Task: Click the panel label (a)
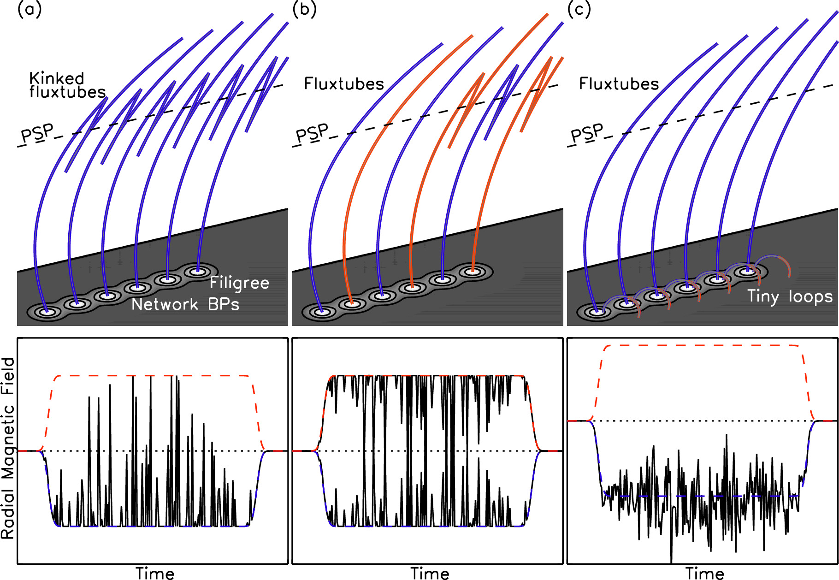[29, 10]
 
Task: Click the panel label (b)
[304, 10]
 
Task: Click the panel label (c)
[579, 10]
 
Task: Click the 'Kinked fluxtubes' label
[67, 85]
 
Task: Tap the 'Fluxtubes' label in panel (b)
[344, 84]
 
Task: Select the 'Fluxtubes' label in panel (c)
[619, 84]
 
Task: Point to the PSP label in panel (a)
[37, 134]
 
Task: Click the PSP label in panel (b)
[312, 134]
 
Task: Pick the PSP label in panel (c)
[587, 134]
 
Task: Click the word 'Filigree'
[239, 283]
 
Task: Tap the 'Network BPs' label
[185, 304]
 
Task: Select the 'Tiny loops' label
[790, 296]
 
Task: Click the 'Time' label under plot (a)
[155, 574]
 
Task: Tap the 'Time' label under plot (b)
[430, 574]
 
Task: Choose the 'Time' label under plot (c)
[704, 574]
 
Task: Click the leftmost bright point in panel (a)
[47, 312]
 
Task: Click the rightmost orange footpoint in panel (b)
[473, 272]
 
